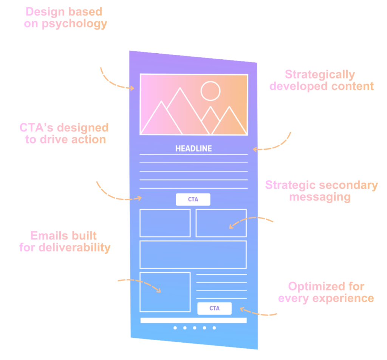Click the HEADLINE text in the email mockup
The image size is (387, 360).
(x=193, y=148)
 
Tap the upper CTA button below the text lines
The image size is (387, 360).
(x=193, y=199)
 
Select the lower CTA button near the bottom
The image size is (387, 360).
(x=214, y=308)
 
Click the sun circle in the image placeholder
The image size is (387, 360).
(x=210, y=91)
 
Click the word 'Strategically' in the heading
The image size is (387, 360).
(x=320, y=74)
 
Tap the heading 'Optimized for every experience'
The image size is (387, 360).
(x=326, y=292)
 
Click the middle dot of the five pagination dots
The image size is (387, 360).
(x=195, y=328)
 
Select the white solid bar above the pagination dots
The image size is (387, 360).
(x=193, y=320)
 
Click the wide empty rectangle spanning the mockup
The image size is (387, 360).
(x=193, y=254)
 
